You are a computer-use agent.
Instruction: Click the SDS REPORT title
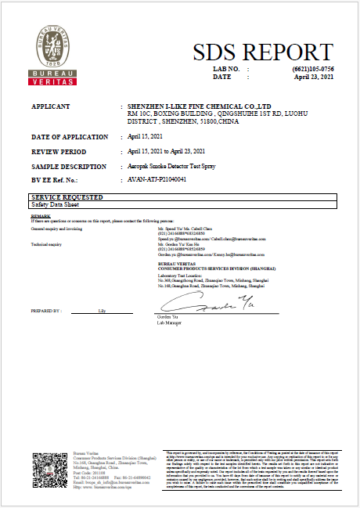tap(262, 52)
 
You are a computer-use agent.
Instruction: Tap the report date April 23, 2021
tap(314, 77)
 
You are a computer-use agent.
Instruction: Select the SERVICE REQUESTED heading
tap(67, 196)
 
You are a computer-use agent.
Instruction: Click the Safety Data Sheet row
tap(54, 204)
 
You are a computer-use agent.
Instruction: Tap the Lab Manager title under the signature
tap(169, 322)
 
